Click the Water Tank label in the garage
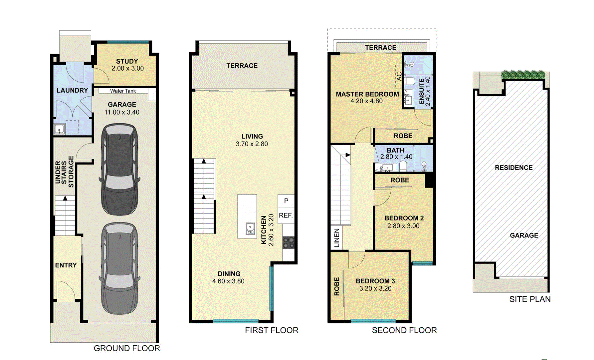[123, 91]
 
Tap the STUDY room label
[127, 61]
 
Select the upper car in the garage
[120, 169]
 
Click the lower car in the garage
[120, 268]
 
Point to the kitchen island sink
[250, 228]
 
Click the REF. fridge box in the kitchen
[286, 215]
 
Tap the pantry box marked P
[286, 201]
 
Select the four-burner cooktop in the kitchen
[289, 242]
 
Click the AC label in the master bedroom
[399, 76]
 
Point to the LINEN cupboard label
[337, 238]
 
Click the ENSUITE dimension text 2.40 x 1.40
[428, 91]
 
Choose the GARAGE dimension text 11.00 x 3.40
[122, 112]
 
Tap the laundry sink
[60, 129]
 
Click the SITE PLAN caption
[530, 299]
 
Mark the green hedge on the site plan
[523, 75]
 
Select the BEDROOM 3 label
[375, 281]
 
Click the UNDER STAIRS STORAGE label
[65, 172]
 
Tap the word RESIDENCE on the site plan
[513, 168]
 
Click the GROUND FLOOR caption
[127, 348]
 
